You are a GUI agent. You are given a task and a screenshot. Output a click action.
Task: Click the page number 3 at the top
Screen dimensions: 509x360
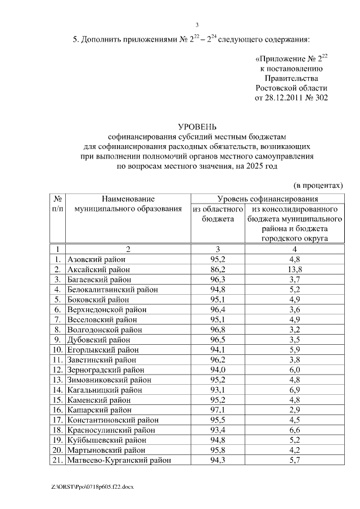pyautogui.click(x=196, y=24)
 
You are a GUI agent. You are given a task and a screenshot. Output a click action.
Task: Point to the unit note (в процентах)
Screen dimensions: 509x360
pyautogui.click(x=318, y=184)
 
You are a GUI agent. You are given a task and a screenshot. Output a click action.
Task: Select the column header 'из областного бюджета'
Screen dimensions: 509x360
pyautogui.click(x=218, y=214)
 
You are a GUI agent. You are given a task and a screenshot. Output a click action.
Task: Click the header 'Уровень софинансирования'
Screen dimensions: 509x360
pyautogui.click(x=268, y=199)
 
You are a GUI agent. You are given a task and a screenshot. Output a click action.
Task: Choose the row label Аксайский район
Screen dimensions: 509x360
pyautogui.click(x=98, y=269)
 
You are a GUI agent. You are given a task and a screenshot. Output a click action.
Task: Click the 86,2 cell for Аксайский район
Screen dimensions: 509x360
pyautogui.click(x=218, y=269)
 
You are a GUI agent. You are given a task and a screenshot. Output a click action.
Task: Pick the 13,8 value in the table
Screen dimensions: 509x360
pyautogui.click(x=295, y=269)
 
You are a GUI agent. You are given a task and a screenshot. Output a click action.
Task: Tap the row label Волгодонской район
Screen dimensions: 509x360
pyautogui.click(x=104, y=330)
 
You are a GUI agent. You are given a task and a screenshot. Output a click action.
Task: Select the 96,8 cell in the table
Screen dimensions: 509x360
pyautogui.click(x=218, y=330)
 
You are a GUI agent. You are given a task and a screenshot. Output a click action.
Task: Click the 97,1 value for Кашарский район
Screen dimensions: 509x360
pyautogui.click(x=218, y=410)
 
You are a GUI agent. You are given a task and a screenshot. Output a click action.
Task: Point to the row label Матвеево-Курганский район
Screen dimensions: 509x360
pyautogui.click(x=119, y=461)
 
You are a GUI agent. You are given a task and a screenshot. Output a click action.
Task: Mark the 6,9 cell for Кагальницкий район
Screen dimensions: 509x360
pyautogui.click(x=295, y=390)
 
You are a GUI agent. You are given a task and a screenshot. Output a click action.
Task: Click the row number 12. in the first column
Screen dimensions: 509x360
pyautogui.click(x=57, y=370)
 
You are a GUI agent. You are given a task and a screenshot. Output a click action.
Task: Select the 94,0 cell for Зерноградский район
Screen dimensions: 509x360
pyautogui.click(x=218, y=370)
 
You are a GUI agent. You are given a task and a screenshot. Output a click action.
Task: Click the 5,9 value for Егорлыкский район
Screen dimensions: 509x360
pyautogui.click(x=295, y=350)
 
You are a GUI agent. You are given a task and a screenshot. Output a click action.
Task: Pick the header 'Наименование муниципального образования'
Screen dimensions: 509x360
pyautogui.click(x=128, y=204)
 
